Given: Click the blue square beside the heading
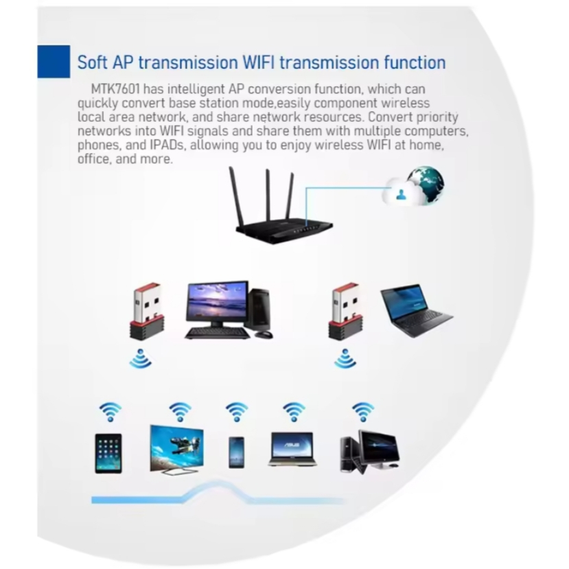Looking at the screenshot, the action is point(54,62).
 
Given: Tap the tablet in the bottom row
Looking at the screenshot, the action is point(108,453).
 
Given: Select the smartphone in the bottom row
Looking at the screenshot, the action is point(236,452).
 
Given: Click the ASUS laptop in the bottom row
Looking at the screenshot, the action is point(292,450).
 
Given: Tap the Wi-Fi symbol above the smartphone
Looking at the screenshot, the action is point(237,412).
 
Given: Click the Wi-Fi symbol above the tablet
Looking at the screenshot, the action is point(110,412).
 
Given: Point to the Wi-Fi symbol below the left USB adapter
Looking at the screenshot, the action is point(141,359).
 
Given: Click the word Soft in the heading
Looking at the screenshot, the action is point(93,62).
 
